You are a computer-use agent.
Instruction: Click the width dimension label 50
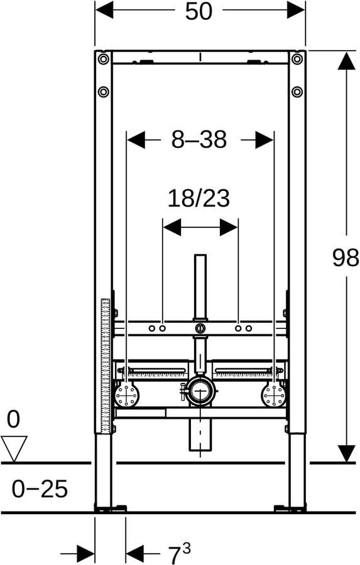point(199,11)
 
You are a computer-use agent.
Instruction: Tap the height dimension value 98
point(345,257)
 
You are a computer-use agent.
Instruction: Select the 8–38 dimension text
point(199,139)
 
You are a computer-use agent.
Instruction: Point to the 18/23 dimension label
point(199,198)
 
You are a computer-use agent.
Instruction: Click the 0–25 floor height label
point(40,488)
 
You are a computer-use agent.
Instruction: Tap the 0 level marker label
point(13,419)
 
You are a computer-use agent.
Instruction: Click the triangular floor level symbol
point(14,448)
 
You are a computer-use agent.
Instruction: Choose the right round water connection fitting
point(273,395)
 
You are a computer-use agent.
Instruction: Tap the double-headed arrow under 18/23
point(200,227)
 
